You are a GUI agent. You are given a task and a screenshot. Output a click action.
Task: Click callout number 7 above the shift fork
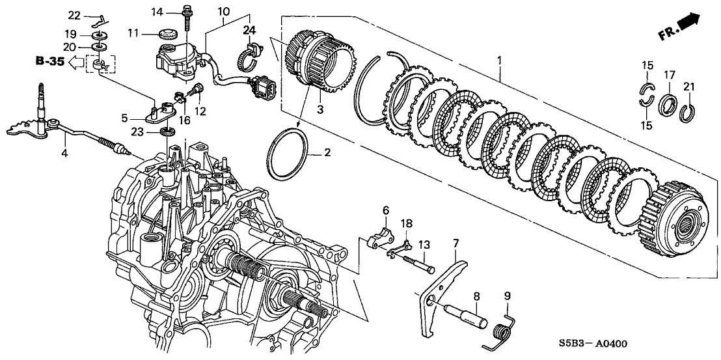pyautogui.click(x=456, y=243)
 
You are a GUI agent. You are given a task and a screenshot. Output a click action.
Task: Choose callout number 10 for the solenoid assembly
pyautogui.click(x=223, y=11)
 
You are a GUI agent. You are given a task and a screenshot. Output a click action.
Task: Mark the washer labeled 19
pyautogui.click(x=99, y=33)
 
